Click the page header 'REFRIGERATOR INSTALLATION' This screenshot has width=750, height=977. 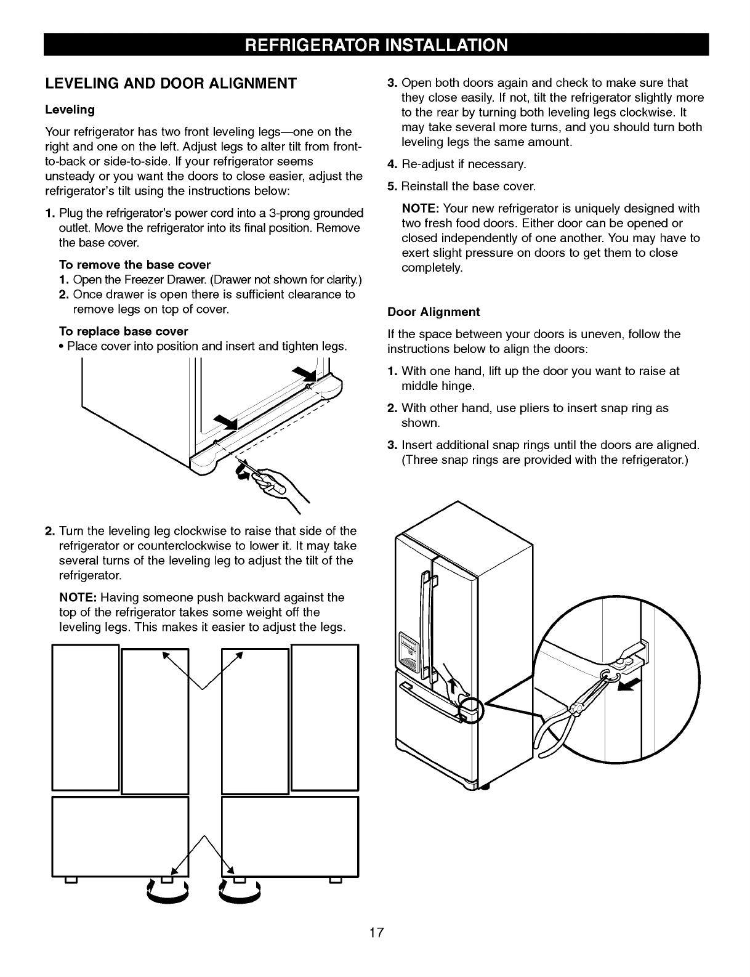tap(376, 45)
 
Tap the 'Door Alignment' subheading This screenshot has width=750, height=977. tap(433, 312)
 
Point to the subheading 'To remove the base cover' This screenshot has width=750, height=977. tap(134, 265)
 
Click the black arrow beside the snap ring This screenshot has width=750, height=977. tap(629, 684)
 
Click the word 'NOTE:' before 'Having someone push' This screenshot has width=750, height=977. tap(78, 598)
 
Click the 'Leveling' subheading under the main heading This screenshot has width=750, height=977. tap(70, 110)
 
